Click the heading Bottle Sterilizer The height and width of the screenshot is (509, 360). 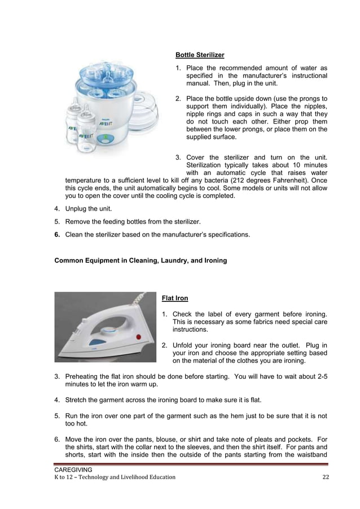point(200,55)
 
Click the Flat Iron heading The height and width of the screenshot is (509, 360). point(175,297)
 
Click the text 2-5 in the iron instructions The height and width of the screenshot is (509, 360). point(321,376)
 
